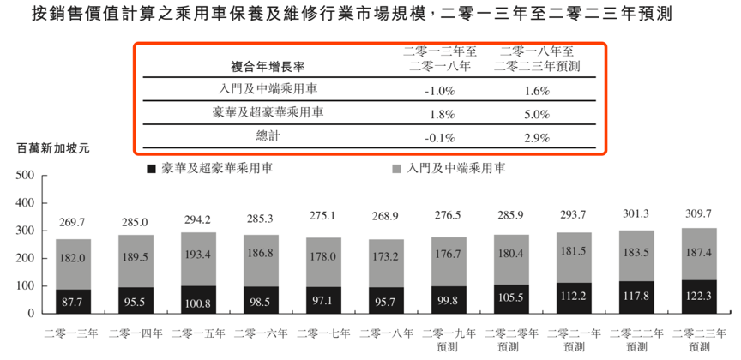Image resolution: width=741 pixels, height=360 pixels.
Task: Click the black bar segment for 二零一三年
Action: tap(74, 301)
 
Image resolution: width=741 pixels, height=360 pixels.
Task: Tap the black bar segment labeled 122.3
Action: tap(699, 296)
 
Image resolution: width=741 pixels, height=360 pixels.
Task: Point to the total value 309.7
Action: tap(699, 213)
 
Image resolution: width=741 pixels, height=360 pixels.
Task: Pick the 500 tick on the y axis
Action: tap(25, 176)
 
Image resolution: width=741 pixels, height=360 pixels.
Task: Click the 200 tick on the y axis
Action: tap(25, 259)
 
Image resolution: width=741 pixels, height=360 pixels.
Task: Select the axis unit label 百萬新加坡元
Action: tap(53, 148)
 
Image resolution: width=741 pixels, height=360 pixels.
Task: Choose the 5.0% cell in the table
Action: tap(536, 113)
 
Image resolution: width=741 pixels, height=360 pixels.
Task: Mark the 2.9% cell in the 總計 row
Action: tap(536, 137)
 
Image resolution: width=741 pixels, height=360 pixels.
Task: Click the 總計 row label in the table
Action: tap(268, 136)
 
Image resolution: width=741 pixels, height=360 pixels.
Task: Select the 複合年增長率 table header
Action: tap(268, 65)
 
